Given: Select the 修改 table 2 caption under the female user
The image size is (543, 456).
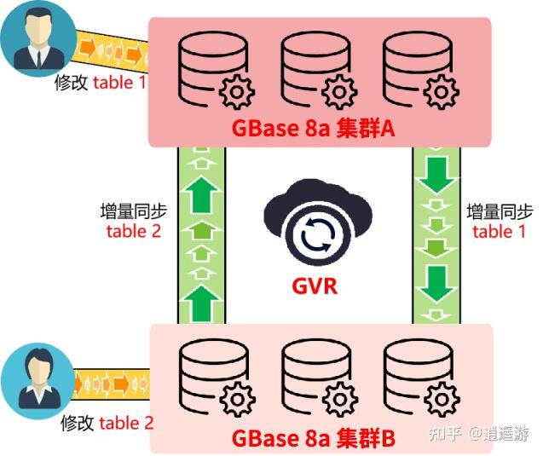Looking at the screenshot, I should click(x=107, y=423).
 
